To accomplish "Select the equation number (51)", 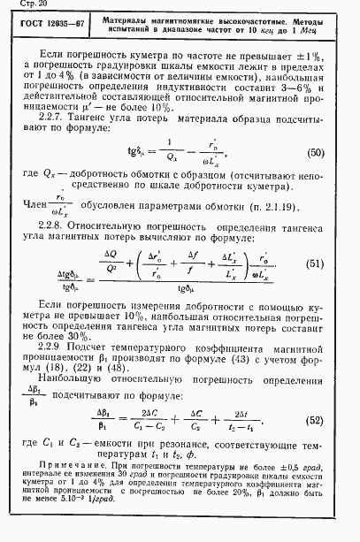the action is tap(315, 263).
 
